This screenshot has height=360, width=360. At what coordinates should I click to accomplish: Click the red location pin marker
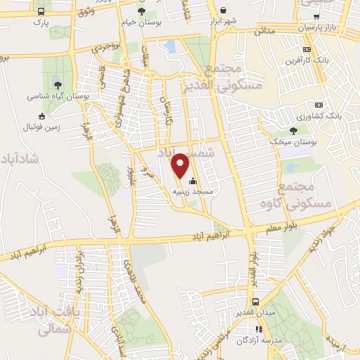tap(181, 165)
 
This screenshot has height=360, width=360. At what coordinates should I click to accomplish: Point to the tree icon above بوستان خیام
tap(143, 12)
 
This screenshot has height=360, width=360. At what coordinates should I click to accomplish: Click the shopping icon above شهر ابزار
tap(224, 10)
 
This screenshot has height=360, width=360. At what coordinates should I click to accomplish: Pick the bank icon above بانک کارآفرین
tap(307, 49)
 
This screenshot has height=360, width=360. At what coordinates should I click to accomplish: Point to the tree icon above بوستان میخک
tap(293, 130)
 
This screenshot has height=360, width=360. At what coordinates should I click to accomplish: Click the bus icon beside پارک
tap(41, 12)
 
